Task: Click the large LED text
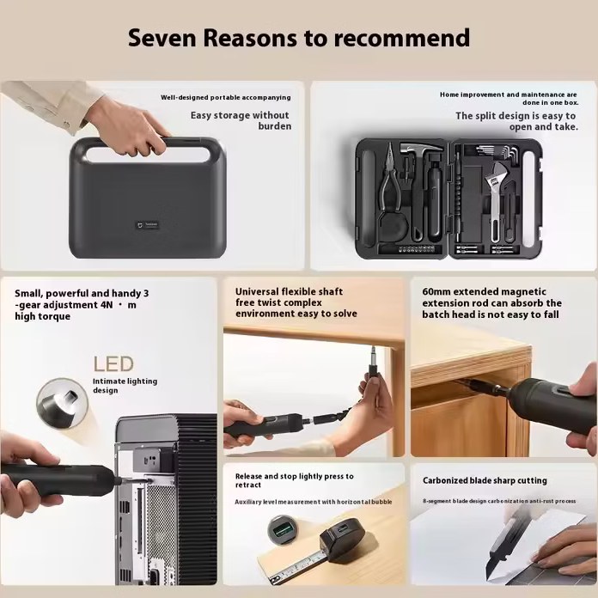(113, 363)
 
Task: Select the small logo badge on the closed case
(147, 225)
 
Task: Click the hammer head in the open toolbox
(422, 148)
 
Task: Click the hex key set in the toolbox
(497, 153)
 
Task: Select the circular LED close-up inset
(62, 404)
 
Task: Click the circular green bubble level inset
(280, 529)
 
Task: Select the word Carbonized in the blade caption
(445, 480)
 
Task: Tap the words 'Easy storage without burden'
(241, 120)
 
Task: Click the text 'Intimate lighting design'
(125, 386)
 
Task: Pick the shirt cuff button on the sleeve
(67, 124)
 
